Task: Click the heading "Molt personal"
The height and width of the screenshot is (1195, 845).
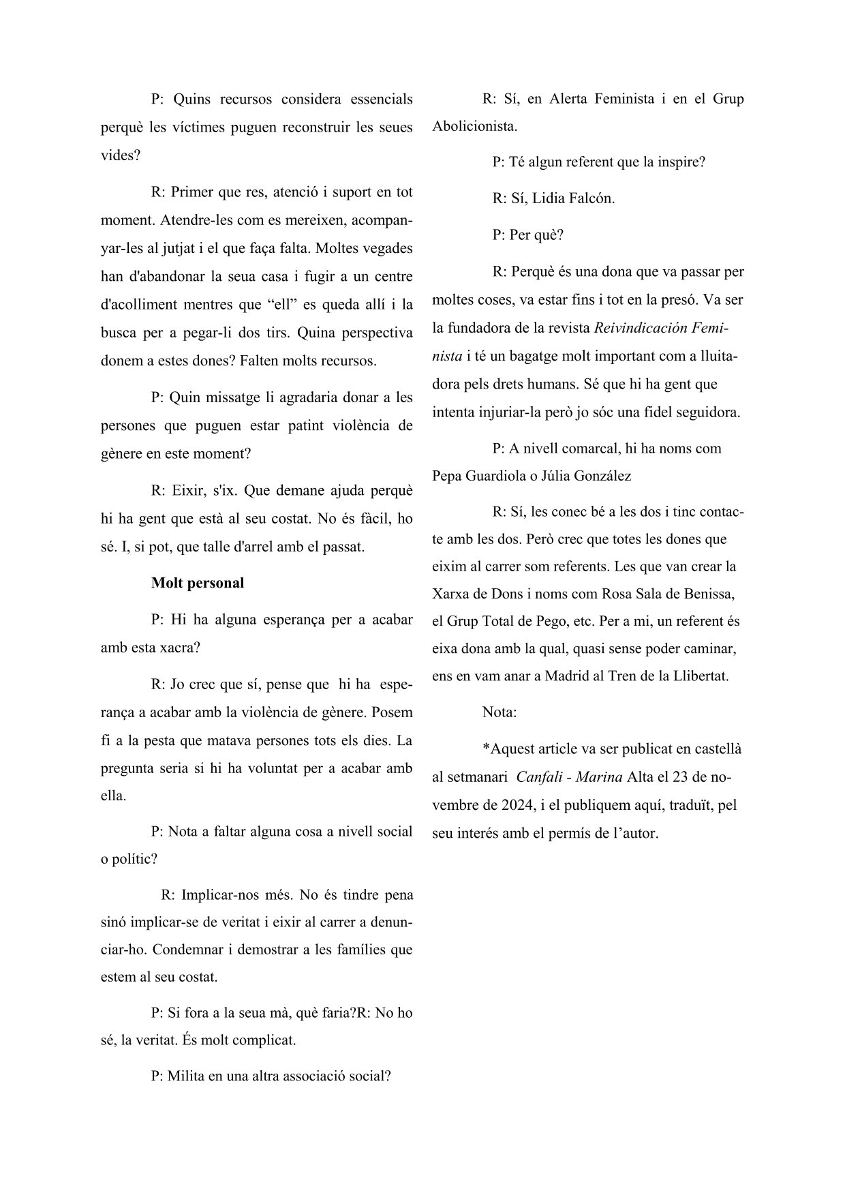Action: pyautogui.click(x=198, y=584)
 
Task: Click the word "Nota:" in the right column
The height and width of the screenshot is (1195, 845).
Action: pyautogui.click(x=500, y=712)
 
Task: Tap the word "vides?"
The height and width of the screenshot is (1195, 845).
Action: pyautogui.click(x=121, y=155)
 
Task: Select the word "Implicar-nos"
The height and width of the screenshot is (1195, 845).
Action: pyautogui.click(x=219, y=894)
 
